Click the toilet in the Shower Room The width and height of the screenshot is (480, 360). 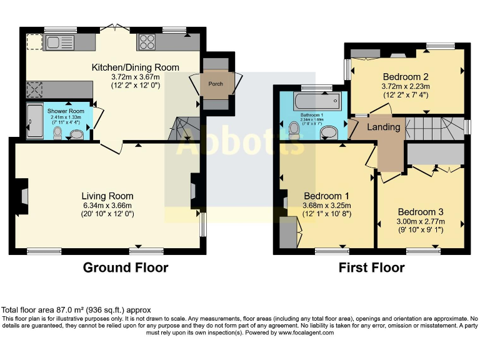pyautogui.click(x=58, y=132)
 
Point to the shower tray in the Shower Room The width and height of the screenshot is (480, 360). pyautogui.click(x=32, y=121)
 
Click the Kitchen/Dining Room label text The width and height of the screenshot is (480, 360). pyautogui.click(x=136, y=67)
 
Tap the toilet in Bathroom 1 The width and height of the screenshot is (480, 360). pyautogui.click(x=294, y=129)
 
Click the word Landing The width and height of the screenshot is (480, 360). pyautogui.click(x=383, y=127)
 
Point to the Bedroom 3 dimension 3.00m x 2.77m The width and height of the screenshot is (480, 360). pyautogui.click(x=421, y=221)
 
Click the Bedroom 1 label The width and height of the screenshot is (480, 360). pyautogui.click(x=326, y=196)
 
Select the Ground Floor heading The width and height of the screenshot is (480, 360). pyautogui.click(x=126, y=267)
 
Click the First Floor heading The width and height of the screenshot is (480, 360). pyautogui.click(x=371, y=267)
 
